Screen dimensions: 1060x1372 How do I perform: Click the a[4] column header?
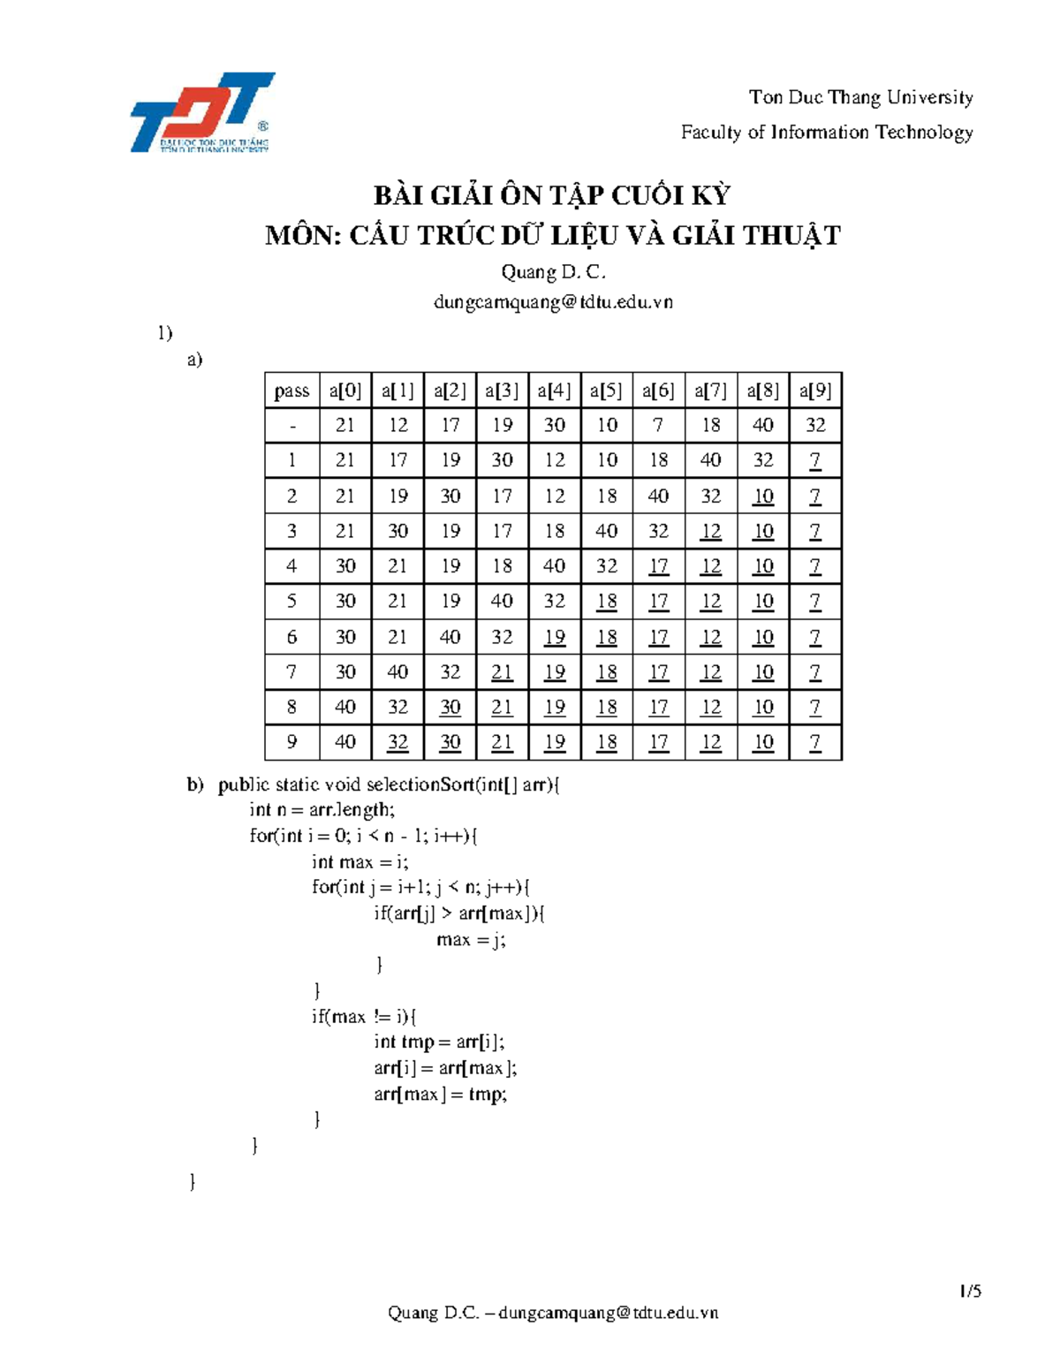(555, 390)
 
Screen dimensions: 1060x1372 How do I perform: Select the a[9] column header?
(815, 390)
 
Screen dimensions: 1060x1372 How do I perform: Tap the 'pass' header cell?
(291, 390)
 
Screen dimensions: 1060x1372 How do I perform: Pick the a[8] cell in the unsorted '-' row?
(763, 425)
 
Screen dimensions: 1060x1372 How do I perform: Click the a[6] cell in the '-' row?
(658, 425)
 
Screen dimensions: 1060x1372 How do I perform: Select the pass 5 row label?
(291, 602)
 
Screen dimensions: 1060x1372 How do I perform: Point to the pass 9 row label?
(291, 742)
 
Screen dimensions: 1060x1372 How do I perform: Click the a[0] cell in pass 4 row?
(345, 566)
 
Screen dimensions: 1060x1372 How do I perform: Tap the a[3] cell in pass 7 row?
(502, 672)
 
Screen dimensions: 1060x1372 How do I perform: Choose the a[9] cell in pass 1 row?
(815, 460)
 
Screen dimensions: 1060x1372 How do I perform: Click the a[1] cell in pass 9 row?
(397, 742)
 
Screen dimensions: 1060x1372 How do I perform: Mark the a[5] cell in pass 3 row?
(606, 531)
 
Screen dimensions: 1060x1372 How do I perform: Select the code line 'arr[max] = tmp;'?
(440, 1095)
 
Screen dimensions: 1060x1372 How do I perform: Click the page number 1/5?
(970, 1291)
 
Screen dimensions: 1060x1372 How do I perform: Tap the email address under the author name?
(553, 302)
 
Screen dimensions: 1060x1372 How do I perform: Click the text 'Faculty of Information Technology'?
(826, 133)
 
